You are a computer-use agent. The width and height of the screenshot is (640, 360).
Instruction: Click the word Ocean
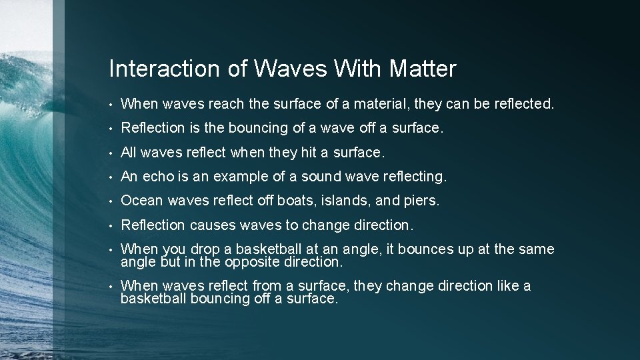[142, 201]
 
